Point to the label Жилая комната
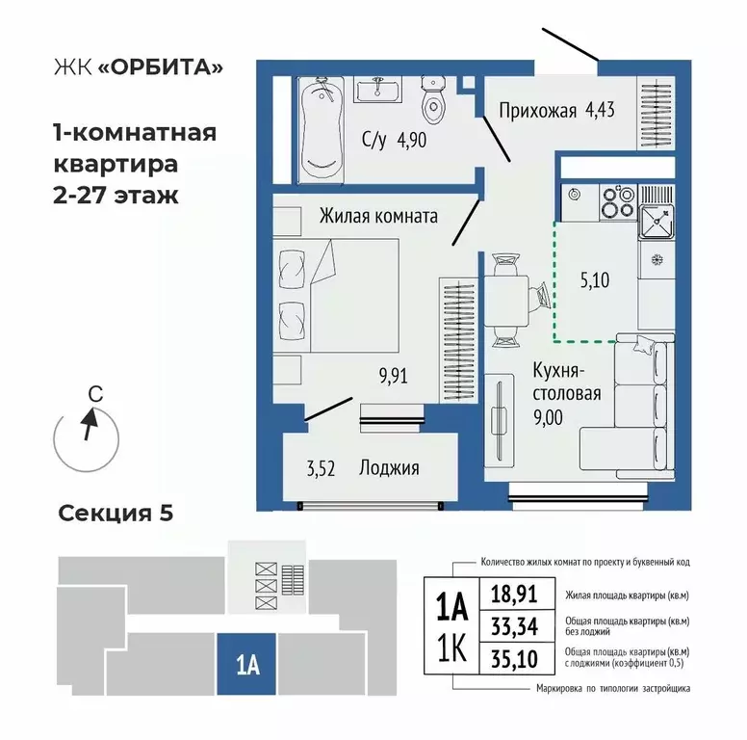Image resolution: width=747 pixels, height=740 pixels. tap(378, 216)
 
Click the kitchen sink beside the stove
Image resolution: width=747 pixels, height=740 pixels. tap(657, 222)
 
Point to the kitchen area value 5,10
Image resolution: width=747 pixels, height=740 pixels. tap(595, 282)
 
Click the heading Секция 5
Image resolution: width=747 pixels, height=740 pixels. tap(116, 513)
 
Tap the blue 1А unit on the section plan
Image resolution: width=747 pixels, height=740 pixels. tap(245, 664)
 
